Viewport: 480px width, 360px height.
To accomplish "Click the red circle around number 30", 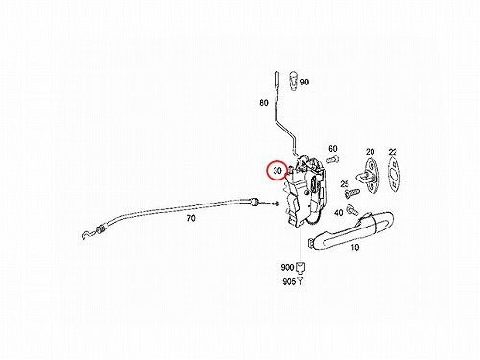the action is coord(268,171).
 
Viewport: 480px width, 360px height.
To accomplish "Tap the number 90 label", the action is coord(304,82).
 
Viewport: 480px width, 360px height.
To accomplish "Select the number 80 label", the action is coord(264,103).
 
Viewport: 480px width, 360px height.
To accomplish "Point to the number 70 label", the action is coord(191,219).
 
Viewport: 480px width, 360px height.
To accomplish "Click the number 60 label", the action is coord(333,149).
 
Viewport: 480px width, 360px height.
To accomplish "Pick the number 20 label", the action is coord(370,152).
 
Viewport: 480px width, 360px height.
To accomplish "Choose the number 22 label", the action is coord(393,152).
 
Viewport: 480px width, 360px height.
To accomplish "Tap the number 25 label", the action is coord(345,184).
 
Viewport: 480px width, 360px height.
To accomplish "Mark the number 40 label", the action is coord(338,212).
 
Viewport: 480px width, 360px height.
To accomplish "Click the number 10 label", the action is coord(354,247).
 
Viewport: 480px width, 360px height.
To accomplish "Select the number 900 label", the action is coord(287,267).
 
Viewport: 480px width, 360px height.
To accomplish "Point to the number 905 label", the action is coord(289,282).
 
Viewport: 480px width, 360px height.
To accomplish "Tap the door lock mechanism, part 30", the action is coord(304,192).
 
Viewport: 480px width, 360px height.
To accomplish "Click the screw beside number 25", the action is coord(352,192).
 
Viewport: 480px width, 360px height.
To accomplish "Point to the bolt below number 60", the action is coord(333,158).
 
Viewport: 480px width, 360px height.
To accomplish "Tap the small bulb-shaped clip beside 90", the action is coord(294,81).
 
